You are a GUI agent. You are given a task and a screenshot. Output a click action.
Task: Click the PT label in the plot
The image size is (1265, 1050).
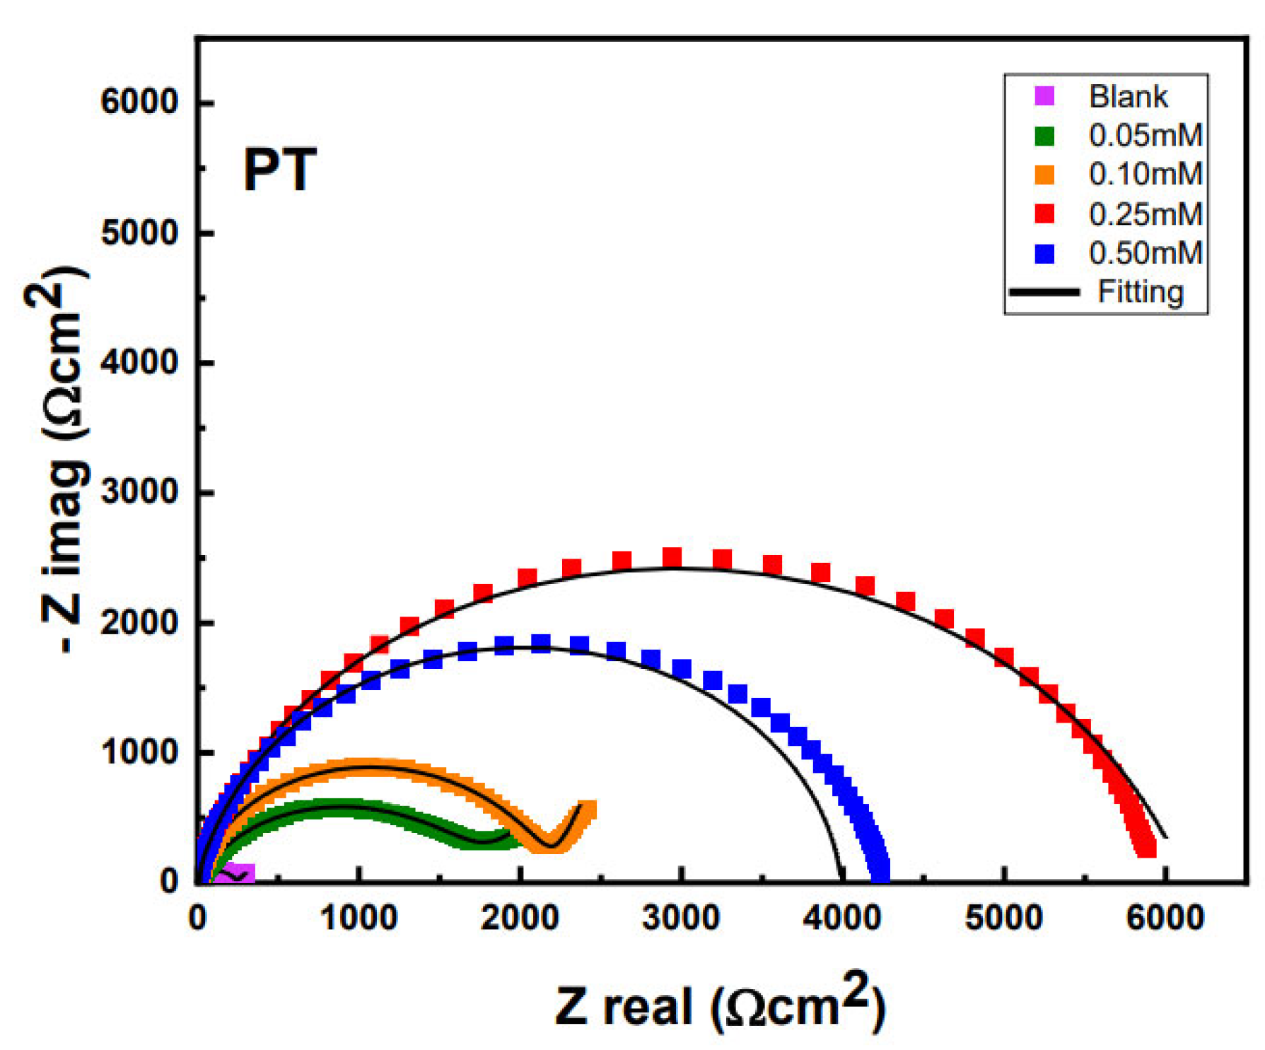coord(279,170)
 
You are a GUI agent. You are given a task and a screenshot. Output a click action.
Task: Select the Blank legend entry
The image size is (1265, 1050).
coord(1127,96)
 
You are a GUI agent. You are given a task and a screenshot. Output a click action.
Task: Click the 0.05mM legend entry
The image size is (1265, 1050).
coord(1145,135)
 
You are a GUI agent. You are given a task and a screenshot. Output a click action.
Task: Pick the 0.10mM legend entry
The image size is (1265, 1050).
coord(1145,174)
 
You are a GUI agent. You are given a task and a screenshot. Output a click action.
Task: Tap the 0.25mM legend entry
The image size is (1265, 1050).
coord(1145,214)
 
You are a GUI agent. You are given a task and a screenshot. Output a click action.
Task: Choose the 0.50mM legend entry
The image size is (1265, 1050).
coord(1145,252)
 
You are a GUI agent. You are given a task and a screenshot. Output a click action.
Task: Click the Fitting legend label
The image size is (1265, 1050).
coord(1140,291)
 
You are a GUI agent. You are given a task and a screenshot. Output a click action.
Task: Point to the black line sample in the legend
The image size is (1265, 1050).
coord(1044,292)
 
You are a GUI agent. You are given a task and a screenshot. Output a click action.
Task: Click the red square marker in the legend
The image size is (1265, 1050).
coord(1044,214)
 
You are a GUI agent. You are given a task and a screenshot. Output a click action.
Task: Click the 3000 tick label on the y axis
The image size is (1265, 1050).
coord(139,492)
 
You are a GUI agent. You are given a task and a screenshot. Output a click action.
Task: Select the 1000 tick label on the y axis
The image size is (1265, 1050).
coord(139,752)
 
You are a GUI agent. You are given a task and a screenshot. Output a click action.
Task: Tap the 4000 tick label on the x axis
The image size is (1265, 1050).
coord(841,918)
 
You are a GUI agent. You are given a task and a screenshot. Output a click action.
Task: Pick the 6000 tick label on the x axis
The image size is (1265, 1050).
coord(1164,918)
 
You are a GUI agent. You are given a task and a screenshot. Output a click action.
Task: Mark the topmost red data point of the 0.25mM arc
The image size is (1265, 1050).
coord(671,557)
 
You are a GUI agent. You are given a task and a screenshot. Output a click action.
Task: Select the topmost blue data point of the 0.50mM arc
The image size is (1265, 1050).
coord(541,643)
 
